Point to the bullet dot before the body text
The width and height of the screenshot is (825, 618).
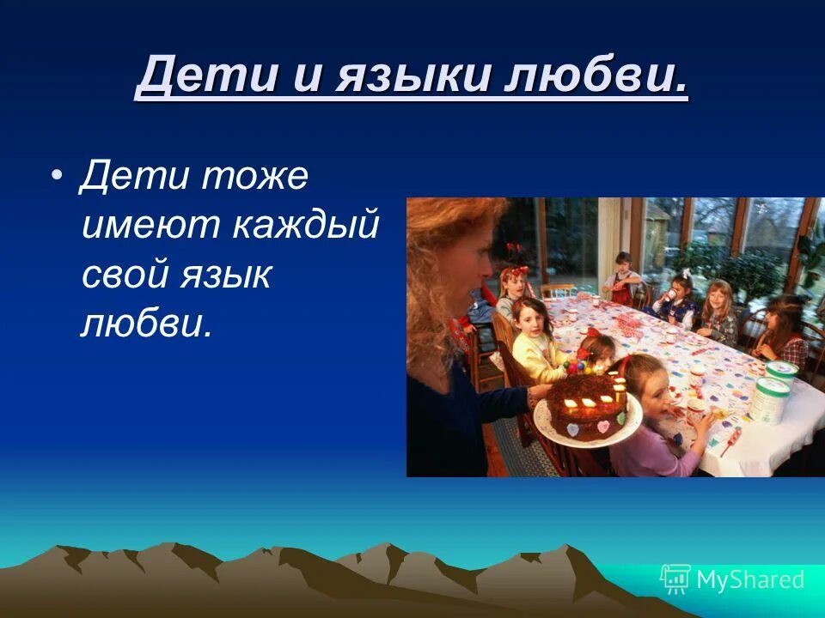(57, 176)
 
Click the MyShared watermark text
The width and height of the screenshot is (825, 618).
(749, 579)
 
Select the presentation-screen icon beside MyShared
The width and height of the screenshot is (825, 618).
(675, 579)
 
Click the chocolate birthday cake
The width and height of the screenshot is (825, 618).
(588, 406)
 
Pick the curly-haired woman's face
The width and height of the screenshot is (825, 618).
(468, 257)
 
